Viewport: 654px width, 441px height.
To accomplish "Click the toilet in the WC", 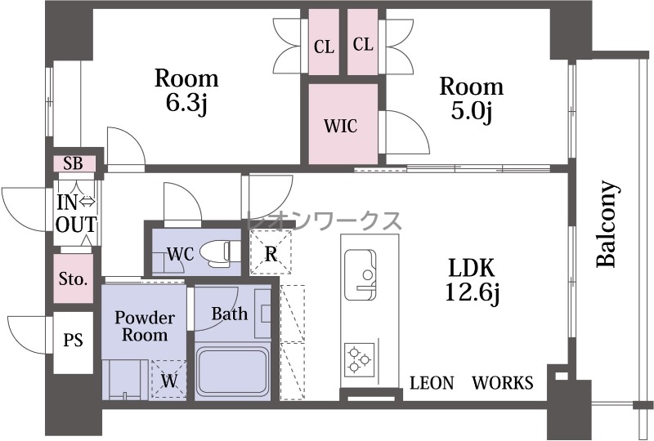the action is click(220, 252).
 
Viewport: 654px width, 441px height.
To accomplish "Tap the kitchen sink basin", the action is click(361, 274).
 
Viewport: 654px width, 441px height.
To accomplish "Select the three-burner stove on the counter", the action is click(359, 359).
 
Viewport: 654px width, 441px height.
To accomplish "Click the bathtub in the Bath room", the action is click(233, 372).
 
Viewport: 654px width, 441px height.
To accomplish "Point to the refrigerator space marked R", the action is click(271, 252).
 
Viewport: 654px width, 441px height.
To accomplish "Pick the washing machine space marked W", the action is click(169, 379).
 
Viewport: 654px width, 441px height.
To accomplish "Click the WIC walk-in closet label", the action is click(341, 125).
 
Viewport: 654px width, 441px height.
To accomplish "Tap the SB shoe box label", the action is click(73, 163).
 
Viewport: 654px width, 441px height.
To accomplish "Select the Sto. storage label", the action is click(73, 278).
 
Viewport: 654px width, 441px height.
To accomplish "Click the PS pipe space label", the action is click(73, 340).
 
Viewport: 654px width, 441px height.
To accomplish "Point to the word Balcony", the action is click(607, 224).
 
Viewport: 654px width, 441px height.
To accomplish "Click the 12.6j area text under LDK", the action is click(473, 292).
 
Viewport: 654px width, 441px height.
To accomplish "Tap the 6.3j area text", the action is click(186, 105).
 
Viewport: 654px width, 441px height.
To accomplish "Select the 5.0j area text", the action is click(472, 113).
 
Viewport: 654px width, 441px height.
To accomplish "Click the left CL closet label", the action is click(324, 47).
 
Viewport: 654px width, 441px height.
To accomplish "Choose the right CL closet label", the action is click(363, 44).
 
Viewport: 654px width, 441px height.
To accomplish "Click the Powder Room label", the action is click(145, 327).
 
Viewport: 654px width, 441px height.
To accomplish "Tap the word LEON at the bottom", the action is click(432, 383).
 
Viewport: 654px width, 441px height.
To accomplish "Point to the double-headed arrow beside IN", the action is click(87, 202).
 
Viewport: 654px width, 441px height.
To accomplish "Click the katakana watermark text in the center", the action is click(325, 221).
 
